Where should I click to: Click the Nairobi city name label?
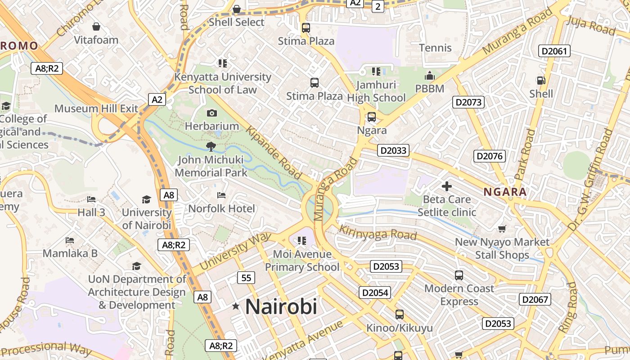click(281, 306)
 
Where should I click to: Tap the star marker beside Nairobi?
click(236, 306)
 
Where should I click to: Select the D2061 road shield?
click(554, 51)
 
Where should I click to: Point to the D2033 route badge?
click(393, 150)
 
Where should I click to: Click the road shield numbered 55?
click(246, 278)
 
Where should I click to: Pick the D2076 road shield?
click(490, 156)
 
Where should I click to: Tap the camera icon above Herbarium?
click(212, 113)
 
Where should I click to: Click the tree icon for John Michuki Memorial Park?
click(211, 146)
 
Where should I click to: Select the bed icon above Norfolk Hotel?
click(221, 195)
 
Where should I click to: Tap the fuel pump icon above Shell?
click(540, 81)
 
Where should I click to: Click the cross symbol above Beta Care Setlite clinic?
click(446, 186)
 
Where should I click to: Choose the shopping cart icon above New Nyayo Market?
click(502, 229)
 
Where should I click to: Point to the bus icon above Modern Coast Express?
click(459, 275)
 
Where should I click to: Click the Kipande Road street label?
click(273, 153)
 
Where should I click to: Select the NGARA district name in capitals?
click(505, 192)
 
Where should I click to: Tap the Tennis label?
click(435, 48)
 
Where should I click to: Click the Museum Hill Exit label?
click(96, 108)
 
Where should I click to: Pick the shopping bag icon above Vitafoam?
click(96, 27)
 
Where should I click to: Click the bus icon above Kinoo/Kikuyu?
click(399, 315)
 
